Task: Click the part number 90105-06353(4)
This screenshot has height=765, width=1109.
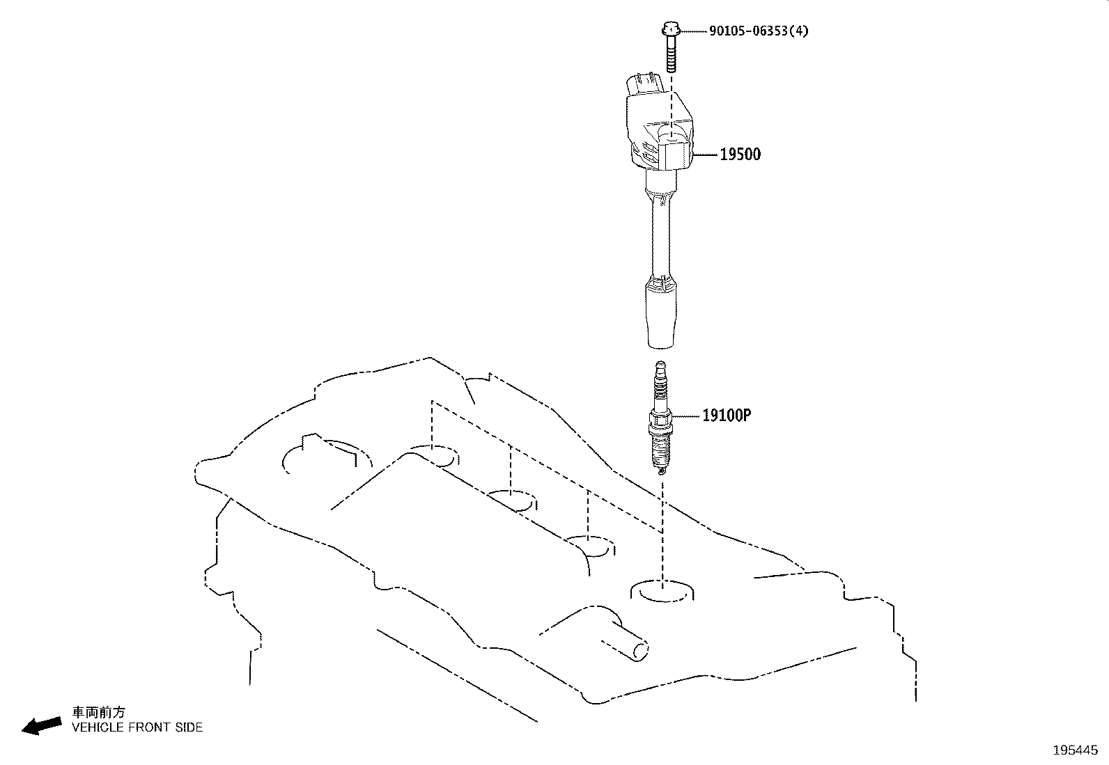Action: tap(759, 31)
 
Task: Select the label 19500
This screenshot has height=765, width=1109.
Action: tap(740, 155)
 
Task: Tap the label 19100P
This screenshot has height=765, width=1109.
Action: tap(726, 416)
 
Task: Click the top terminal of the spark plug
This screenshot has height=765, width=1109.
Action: tap(660, 369)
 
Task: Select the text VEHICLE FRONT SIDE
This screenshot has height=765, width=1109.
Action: tap(137, 727)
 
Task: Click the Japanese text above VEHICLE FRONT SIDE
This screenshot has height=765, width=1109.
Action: tap(100, 713)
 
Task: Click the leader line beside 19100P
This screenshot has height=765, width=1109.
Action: tap(685, 416)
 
